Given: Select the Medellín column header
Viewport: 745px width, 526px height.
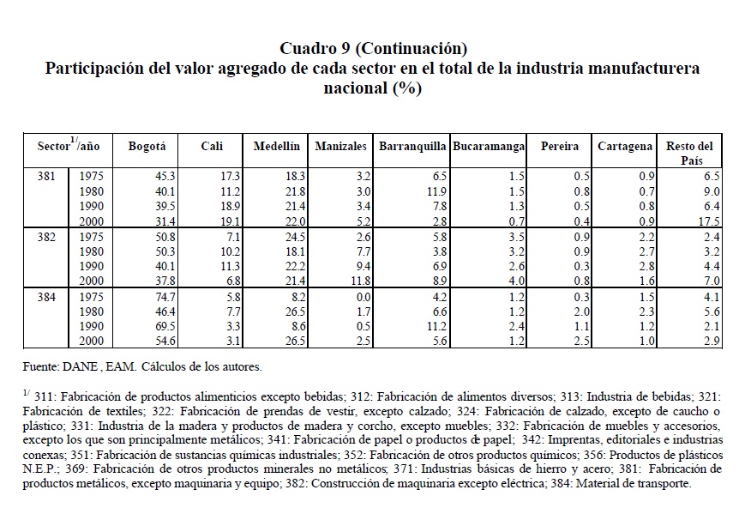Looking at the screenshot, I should (x=276, y=147).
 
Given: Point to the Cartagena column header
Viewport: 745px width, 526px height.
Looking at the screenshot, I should (x=625, y=147).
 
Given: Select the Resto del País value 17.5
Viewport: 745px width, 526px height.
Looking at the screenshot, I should (x=711, y=221).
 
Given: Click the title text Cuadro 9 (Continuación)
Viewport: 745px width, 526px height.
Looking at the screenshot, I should (x=373, y=47).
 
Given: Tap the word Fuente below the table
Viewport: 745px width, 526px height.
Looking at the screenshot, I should (x=42, y=366).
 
